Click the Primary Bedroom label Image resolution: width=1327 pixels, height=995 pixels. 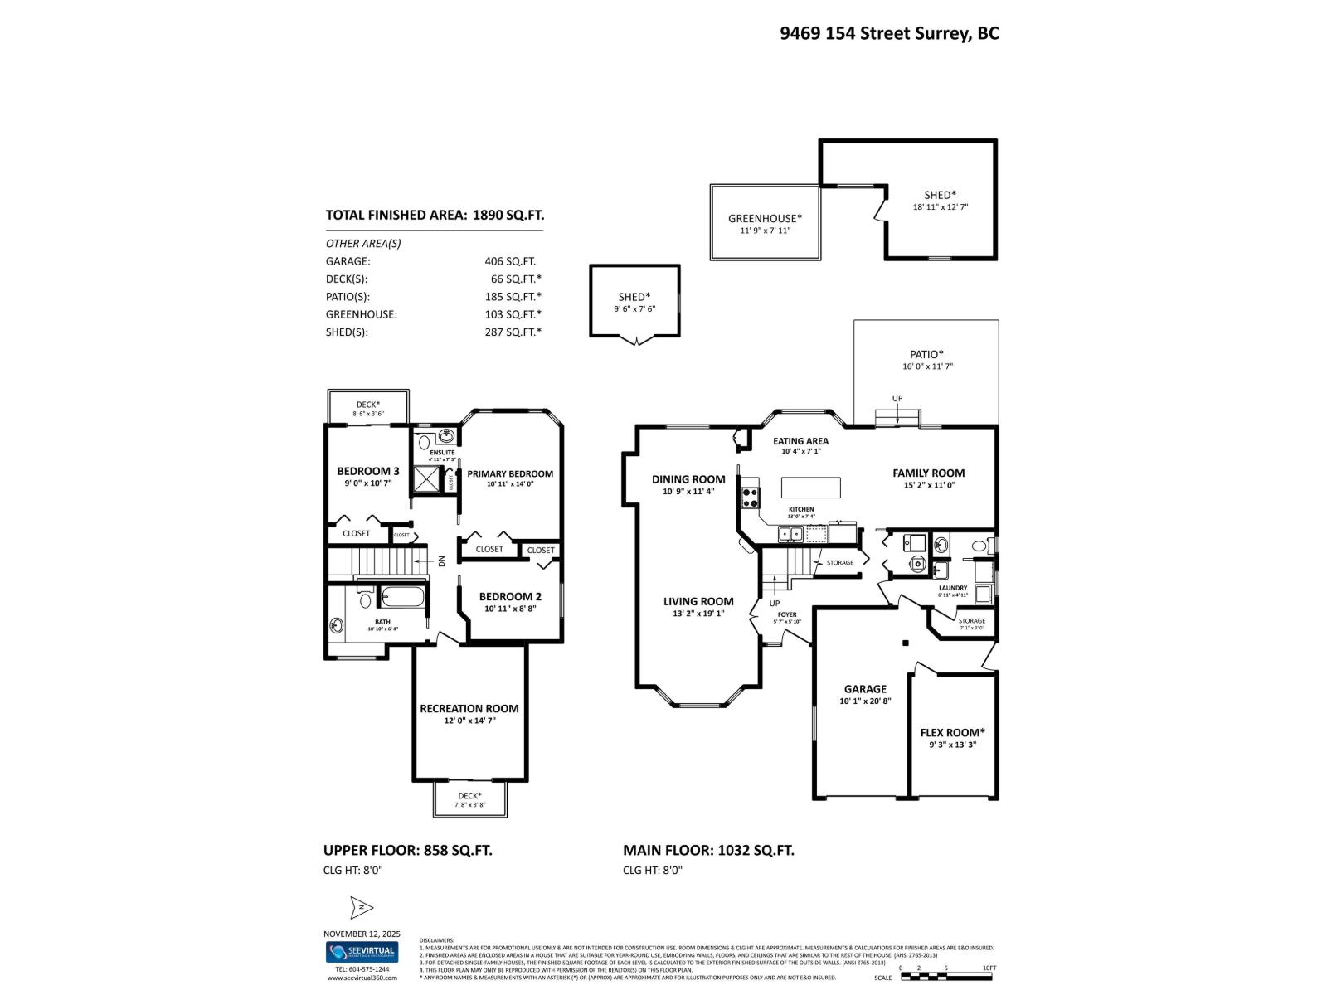point(509,473)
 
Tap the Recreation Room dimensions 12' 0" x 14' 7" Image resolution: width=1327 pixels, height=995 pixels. point(469,721)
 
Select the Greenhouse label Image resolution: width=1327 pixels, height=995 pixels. point(765,219)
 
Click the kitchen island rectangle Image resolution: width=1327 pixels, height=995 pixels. point(810,487)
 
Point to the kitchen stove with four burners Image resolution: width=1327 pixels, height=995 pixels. point(750,498)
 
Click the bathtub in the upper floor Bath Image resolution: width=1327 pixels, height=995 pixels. point(402,596)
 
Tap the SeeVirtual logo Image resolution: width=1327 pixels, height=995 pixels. point(362,952)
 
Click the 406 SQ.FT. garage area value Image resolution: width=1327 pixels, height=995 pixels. point(509,261)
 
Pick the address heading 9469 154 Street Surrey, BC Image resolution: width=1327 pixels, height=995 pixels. point(889,33)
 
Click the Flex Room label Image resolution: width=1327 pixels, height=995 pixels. point(952,732)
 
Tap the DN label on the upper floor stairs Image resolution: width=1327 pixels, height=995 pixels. point(441,561)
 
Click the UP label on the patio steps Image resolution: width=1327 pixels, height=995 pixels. point(897,399)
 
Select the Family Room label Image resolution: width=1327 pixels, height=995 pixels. point(928,473)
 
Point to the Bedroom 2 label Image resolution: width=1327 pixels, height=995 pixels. point(510,596)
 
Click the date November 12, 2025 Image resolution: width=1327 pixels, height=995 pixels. point(362,934)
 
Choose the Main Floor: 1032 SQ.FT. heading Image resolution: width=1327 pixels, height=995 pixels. point(708,850)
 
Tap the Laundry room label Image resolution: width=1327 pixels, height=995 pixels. point(952,588)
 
